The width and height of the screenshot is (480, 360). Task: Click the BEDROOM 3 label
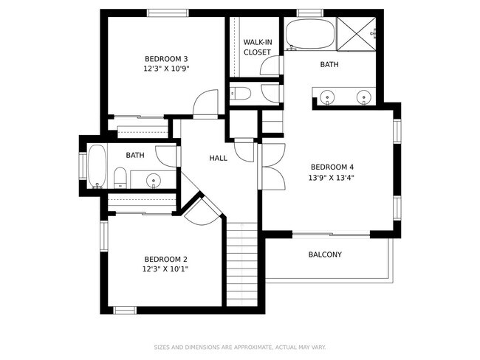point(165,59)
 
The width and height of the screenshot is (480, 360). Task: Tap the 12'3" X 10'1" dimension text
point(165,269)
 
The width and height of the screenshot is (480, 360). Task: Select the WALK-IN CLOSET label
point(256,47)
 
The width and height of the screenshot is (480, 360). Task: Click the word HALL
point(218,158)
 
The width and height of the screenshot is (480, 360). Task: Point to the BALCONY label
point(324,255)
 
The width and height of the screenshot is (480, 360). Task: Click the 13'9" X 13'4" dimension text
point(332,177)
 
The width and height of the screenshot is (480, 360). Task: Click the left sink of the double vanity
point(326,97)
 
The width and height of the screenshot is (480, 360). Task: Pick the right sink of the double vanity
point(363,97)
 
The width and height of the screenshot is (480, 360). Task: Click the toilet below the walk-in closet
point(241,94)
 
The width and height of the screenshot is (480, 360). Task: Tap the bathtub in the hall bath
point(97,165)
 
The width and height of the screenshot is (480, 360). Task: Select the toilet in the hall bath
point(119,177)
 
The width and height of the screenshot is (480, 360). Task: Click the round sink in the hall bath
point(153,179)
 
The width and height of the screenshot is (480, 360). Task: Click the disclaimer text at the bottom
point(239,347)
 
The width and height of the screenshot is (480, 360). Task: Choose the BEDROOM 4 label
point(332,166)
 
